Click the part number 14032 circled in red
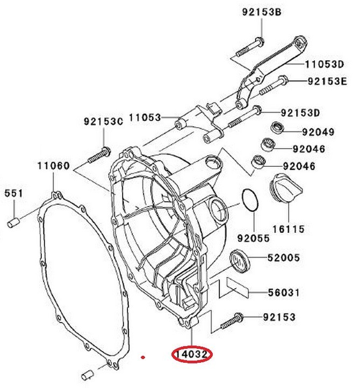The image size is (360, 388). coord(192,355)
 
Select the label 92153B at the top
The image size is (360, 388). coord(262,12)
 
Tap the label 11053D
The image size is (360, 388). coord(325,64)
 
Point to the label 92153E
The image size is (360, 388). coord(327,82)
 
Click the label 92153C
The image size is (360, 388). coord(103,121)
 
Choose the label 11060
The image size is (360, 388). coord(54,165)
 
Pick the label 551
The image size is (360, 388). coord(13,193)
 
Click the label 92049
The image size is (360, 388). coord(319,132)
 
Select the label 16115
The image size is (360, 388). coord(289,229)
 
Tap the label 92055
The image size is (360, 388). coord(254,238)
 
